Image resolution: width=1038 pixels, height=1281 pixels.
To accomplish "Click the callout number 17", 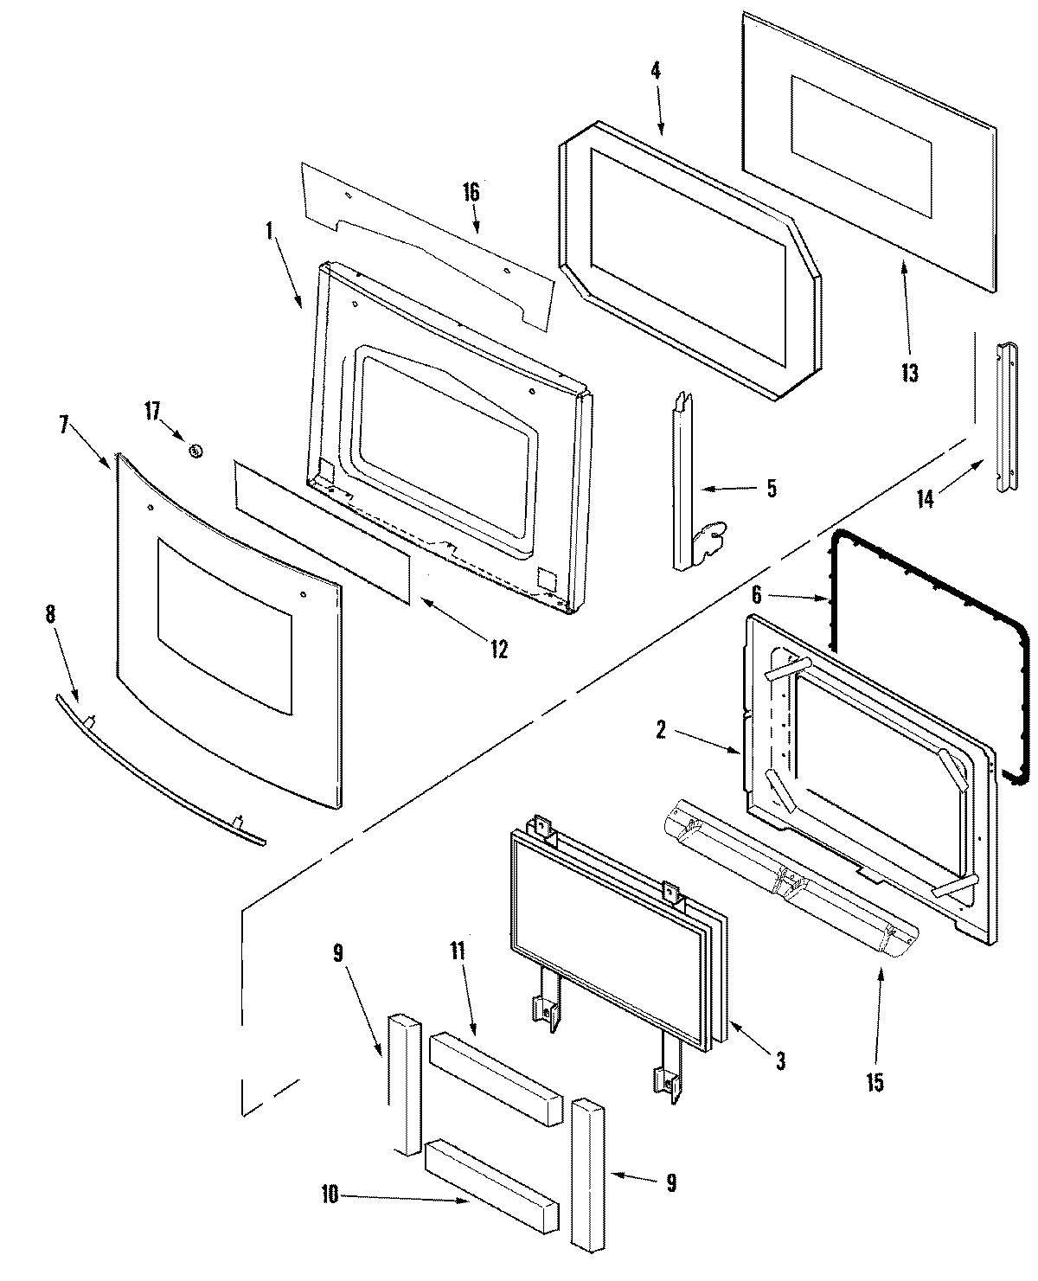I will point(152,411).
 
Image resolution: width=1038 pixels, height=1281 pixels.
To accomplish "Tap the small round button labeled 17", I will point(195,450).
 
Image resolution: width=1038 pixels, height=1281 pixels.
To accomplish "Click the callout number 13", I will point(909,373).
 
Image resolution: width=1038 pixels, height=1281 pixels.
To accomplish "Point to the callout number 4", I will point(656,72).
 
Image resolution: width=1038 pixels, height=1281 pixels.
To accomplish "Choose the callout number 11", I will point(457,952).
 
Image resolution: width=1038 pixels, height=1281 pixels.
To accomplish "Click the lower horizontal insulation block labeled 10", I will point(491,1173).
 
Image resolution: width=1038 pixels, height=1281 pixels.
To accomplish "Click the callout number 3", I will point(780,1060).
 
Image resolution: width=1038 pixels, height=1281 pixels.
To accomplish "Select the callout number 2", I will point(661,731).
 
